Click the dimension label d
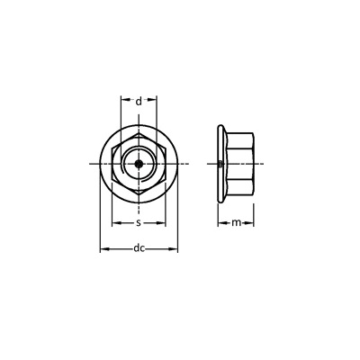139,102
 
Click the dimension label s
139,222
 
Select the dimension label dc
139,248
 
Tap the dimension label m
237,222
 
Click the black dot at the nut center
139,164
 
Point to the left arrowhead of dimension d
124,99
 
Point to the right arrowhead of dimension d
153,99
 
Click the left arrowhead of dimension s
116,223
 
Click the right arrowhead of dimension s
161,223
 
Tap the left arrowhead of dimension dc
103,248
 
